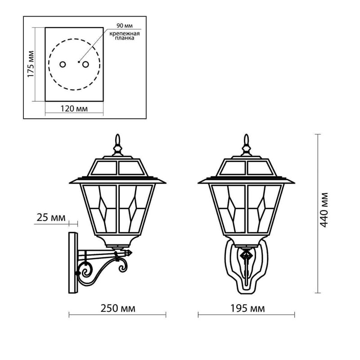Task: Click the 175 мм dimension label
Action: [31, 64]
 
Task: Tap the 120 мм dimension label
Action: [74, 108]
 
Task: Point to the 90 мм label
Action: [125, 26]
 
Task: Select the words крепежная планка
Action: [125, 36]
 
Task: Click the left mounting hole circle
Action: [63, 64]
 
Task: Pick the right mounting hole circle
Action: [85, 64]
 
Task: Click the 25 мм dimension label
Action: [51, 217]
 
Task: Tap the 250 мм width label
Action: [118, 308]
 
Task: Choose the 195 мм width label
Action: [247, 308]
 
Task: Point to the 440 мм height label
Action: [324, 210]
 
